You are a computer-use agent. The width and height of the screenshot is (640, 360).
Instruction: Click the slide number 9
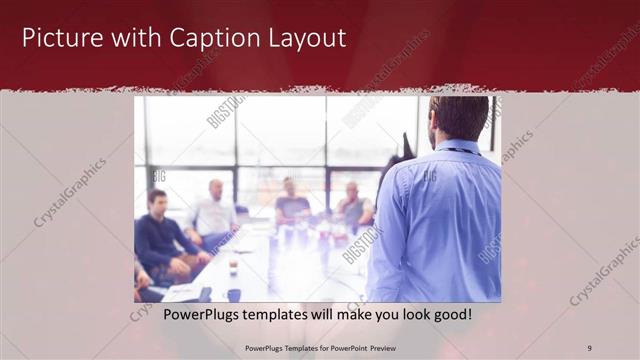pos(589,348)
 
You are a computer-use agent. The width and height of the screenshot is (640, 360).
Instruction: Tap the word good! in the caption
pos(450,313)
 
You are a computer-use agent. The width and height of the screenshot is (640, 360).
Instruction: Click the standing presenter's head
pos(459,117)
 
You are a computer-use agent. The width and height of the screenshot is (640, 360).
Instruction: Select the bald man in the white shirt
pos(214,211)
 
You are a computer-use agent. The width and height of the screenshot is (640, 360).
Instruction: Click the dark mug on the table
pos(233,294)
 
